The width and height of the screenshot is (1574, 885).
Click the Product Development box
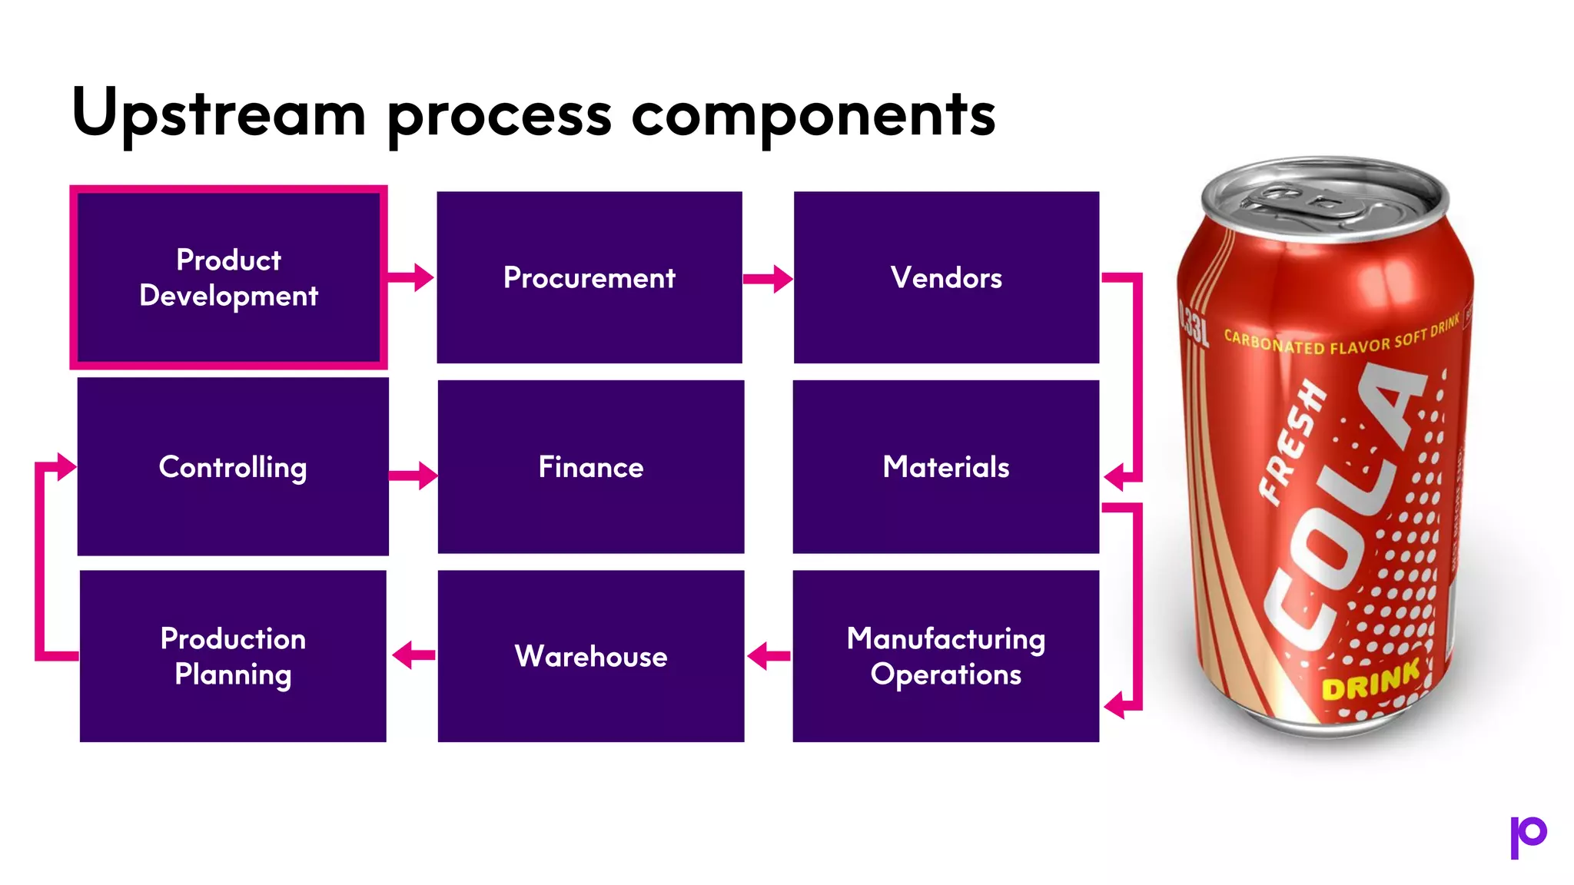[x=228, y=277]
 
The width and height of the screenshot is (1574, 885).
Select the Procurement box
[x=589, y=277]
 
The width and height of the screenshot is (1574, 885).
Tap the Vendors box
[x=946, y=277]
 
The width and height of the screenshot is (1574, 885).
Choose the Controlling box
[x=233, y=466]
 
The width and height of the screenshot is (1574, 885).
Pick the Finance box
[x=591, y=466]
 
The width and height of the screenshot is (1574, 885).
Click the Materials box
[x=946, y=466]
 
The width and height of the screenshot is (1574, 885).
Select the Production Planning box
[x=233, y=656]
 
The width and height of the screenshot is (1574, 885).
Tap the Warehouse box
[x=591, y=656]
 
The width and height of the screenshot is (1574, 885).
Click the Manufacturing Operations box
[x=946, y=656]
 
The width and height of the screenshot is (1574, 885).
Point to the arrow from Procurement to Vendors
[x=768, y=279]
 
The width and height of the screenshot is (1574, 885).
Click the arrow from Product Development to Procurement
[x=411, y=277]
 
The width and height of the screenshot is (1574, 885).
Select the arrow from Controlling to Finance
[x=413, y=476]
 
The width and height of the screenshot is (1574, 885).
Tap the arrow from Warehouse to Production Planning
[x=413, y=655]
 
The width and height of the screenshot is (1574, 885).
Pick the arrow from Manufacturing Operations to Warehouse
[x=768, y=656]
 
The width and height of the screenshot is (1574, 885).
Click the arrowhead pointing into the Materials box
[x=1114, y=477]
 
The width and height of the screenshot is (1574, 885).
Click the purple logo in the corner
[x=1527, y=836]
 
